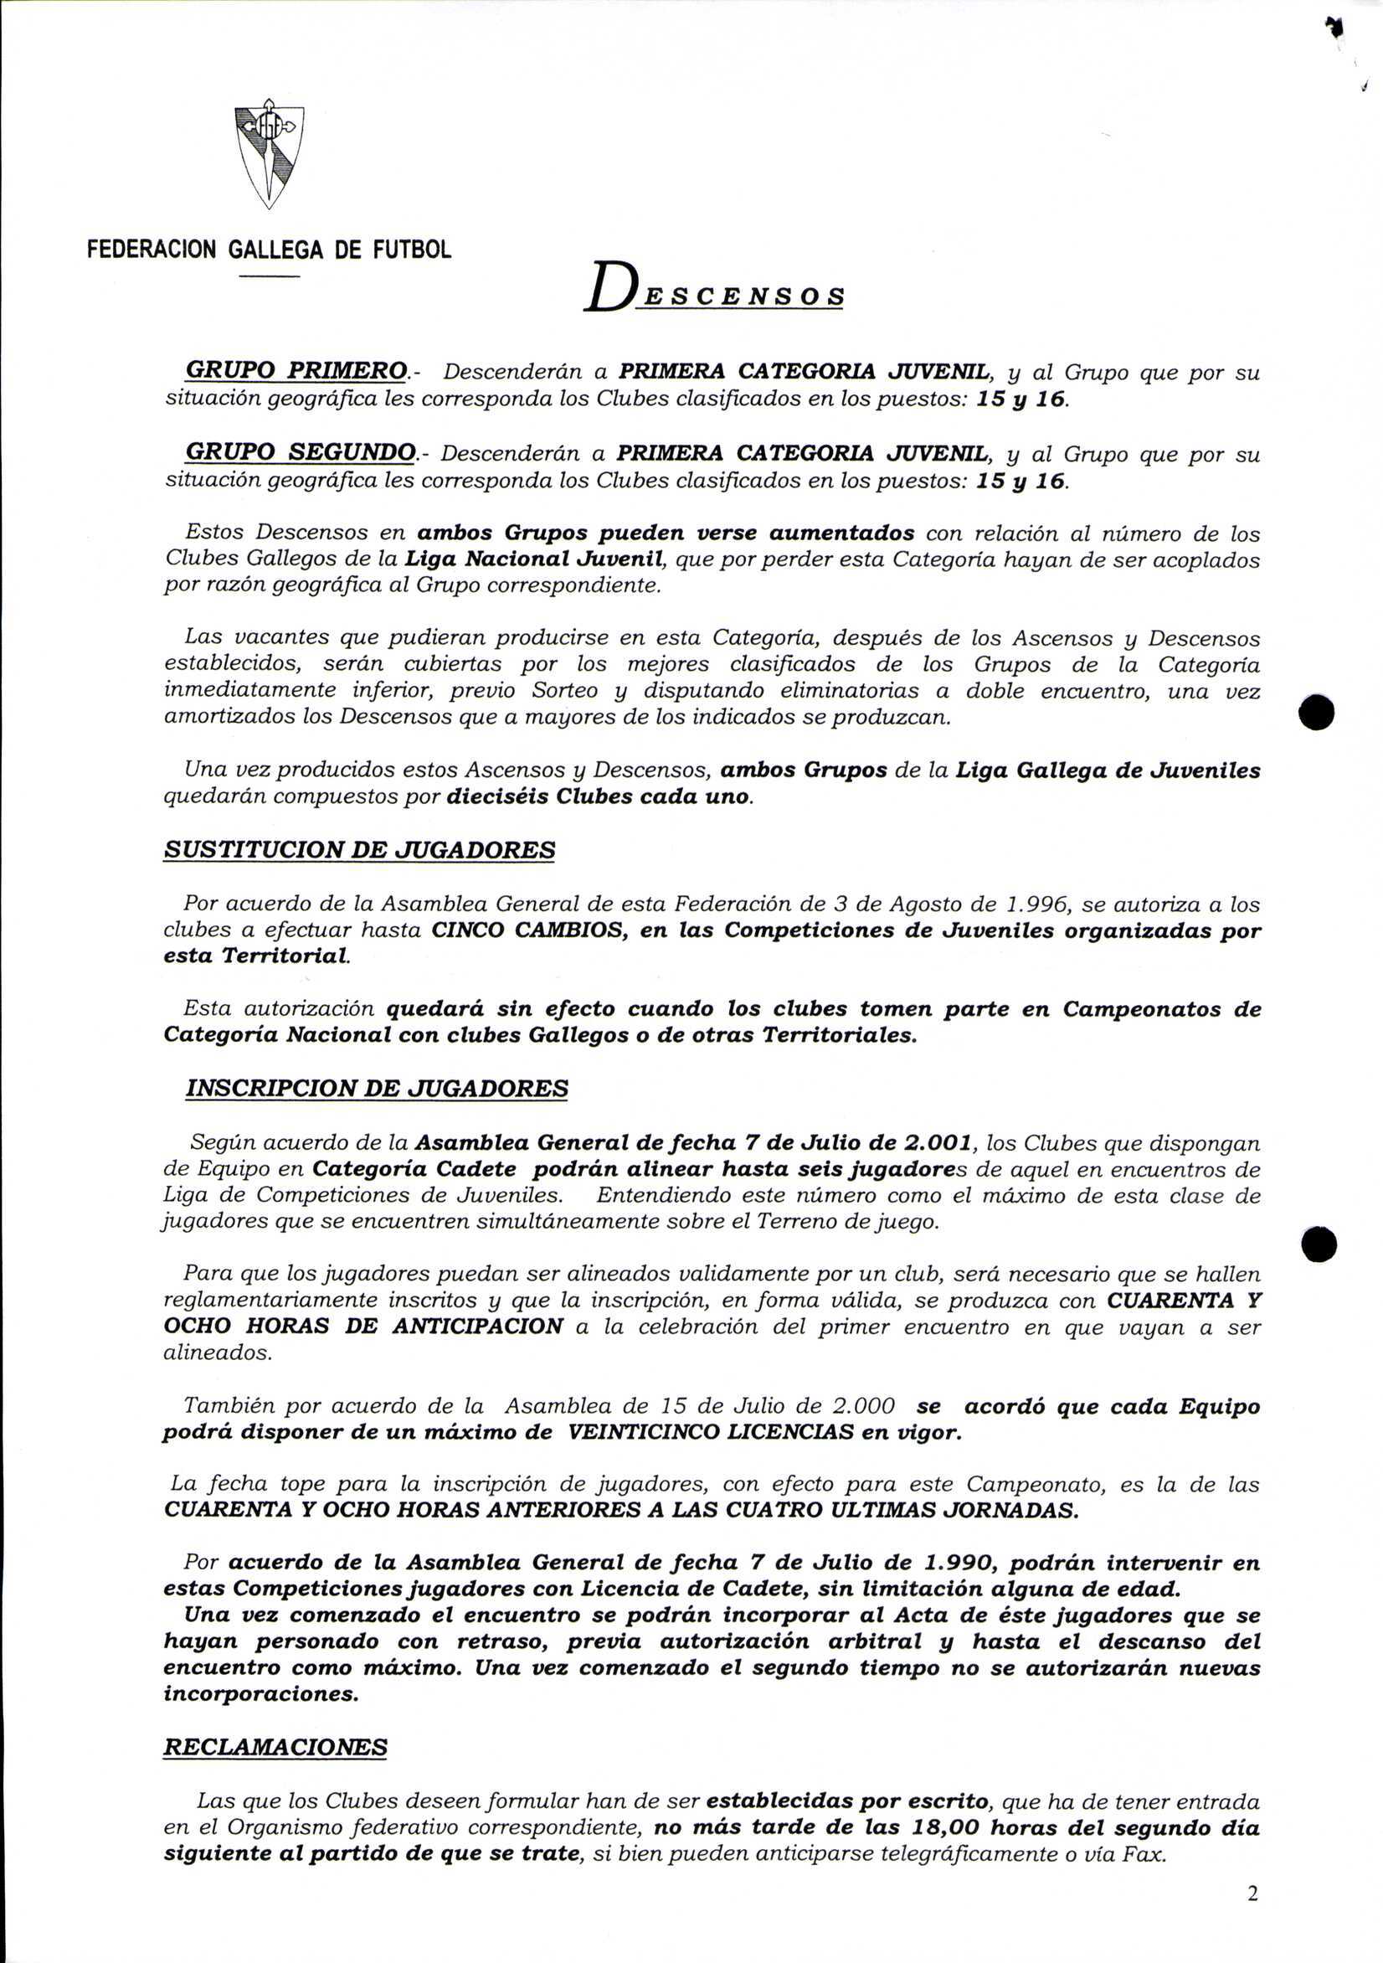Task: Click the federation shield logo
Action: point(269,154)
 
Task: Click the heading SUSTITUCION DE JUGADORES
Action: point(359,850)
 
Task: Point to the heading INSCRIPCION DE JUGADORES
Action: point(376,1089)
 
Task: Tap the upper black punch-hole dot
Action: point(1316,712)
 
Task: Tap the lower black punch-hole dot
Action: point(1319,1244)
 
